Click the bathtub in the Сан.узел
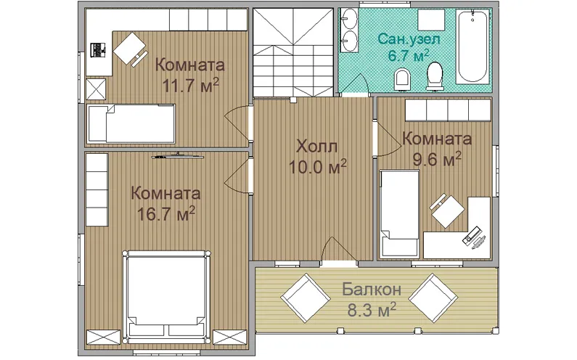click(473, 46)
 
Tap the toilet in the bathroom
click(435, 76)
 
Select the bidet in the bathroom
click(401, 79)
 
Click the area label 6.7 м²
click(409, 56)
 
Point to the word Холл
click(317, 147)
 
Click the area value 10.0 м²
click(318, 167)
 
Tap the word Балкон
click(372, 290)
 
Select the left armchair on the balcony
click(306, 298)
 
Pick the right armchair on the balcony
click(433, 298)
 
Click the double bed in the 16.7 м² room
click(167, 296)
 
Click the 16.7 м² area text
click(165, 214)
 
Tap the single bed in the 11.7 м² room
click(131, 123)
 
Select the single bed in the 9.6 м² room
click(400, 213)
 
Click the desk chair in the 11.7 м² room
click(129, 49)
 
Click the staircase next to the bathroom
click(294, 52)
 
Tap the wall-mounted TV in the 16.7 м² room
click(178, 156)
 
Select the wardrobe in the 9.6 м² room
click(448, 110)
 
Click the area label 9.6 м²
click(437, 159)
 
